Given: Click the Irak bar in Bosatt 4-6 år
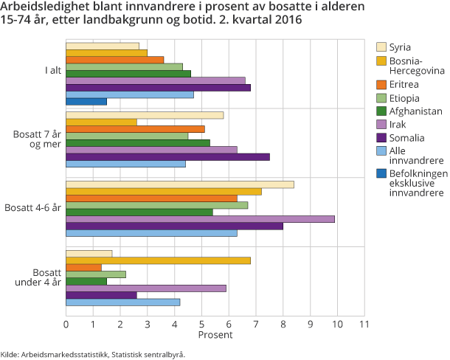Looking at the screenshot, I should click(200, 219).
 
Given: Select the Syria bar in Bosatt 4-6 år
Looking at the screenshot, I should click(180, 184).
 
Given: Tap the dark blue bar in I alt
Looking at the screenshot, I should click(86, 101).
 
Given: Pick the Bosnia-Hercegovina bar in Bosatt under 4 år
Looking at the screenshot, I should click(158, 260).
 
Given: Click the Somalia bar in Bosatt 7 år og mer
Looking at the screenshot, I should click(167, 156).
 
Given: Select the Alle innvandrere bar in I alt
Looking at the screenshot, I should click(130, 94).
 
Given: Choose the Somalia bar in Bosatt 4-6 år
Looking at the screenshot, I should click(174, 226).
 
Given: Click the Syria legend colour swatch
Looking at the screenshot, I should click(381, 46).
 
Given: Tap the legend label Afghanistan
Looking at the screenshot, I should click(417, 111).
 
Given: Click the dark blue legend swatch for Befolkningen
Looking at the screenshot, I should click(381, 174).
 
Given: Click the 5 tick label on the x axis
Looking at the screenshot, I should click(201, 324).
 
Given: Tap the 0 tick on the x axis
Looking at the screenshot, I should click(66, 324).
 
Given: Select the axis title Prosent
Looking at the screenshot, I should click(215, 335).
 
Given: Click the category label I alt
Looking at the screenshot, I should click(51, 72).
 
